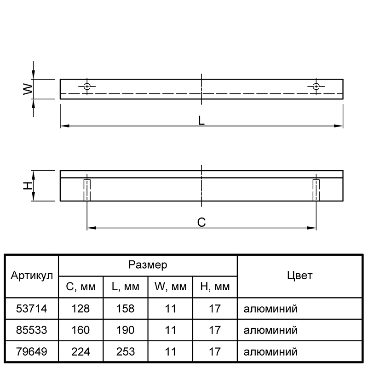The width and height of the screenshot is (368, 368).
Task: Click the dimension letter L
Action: point(201,121)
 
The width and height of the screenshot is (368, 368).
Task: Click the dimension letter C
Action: point(201,222)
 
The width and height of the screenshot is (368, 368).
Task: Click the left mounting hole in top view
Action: point(87,86)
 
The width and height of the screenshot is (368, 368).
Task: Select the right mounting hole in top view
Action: point(316,86)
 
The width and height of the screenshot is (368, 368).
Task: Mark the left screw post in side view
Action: point(87,190)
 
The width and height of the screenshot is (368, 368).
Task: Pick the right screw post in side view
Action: point(316,190)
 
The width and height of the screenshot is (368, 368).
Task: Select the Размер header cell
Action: point(148,265)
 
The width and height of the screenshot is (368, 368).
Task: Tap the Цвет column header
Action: point(299,276)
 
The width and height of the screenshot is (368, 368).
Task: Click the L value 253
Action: point(126,352)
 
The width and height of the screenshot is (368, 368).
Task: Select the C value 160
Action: point(81,330)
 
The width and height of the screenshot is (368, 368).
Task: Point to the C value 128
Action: point(81,308)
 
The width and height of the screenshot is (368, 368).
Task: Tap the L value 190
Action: point(126,330)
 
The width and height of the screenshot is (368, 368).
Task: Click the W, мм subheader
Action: point(170,287)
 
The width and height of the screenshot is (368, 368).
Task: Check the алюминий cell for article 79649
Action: point(271,352)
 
